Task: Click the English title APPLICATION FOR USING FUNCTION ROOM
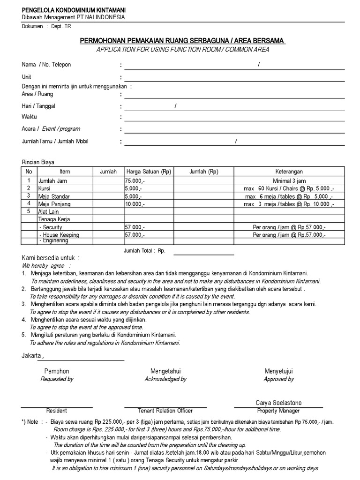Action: pyautogui.click(x=182, y=50)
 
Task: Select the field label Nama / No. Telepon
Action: pyautogui.click(x=46, y=65)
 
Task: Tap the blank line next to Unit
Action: pyautogui.click(x=234, y=77)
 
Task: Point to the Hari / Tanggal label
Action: pyautogui.click(x=38, y=106)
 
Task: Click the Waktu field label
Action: pyautogui.click(x=29, y=117)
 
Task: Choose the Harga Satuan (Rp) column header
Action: pyautogui.click(x=149, y=172)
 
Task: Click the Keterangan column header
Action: pyautogui.click(x=289, y=172)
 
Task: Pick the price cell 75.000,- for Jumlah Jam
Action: pyautogui.click(x=135, y=180)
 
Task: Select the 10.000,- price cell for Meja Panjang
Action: pyautogui.click(x=135, y=204)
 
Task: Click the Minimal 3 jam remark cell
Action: pyautogui.click(x=289, y=180)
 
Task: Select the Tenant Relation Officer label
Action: pyautogui.click(x=165, y=411)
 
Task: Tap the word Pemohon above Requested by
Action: pyautogui.click(x=57, y=371)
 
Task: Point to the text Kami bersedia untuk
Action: pyautogui.click(x=51, y=258)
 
